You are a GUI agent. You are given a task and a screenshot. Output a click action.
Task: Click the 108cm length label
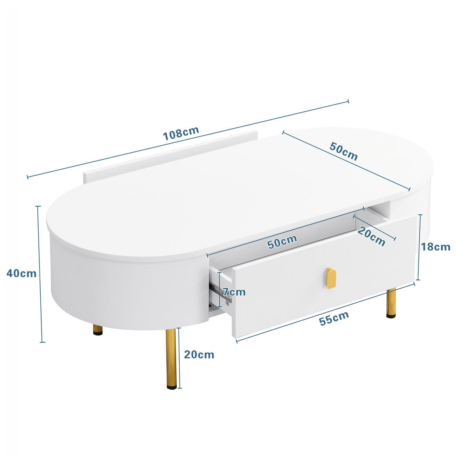coord(181,133)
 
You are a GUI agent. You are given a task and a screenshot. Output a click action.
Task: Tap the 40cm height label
coord(22,273)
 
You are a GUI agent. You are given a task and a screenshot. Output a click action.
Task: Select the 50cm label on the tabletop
coord(344,151)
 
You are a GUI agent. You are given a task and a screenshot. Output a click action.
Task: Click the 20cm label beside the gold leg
coord(199,354)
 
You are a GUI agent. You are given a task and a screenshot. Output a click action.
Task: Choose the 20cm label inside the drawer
coord(371,236)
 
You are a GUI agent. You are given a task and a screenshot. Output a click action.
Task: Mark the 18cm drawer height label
coord(436,247)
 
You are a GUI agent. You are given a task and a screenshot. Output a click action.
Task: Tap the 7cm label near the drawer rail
coord(234,292)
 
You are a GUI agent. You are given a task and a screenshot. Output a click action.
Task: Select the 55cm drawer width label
coord(334,319)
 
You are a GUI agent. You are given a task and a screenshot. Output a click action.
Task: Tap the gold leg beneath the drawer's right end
coord(392,302)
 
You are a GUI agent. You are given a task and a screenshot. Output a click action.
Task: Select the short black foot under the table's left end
coord(98,331)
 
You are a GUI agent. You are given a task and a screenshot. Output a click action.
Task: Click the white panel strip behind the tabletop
coord(170,155)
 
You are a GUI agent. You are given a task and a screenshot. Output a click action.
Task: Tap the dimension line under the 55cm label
coord(325,313)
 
